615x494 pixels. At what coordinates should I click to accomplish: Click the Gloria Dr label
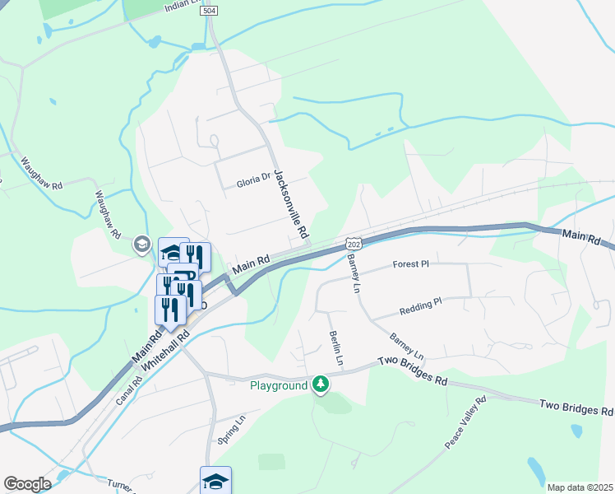253,178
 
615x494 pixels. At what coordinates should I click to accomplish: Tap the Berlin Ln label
335,348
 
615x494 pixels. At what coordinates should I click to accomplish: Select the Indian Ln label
182,7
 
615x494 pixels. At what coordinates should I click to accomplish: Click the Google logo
27,484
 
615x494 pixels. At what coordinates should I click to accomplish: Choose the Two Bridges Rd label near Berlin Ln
412,372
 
